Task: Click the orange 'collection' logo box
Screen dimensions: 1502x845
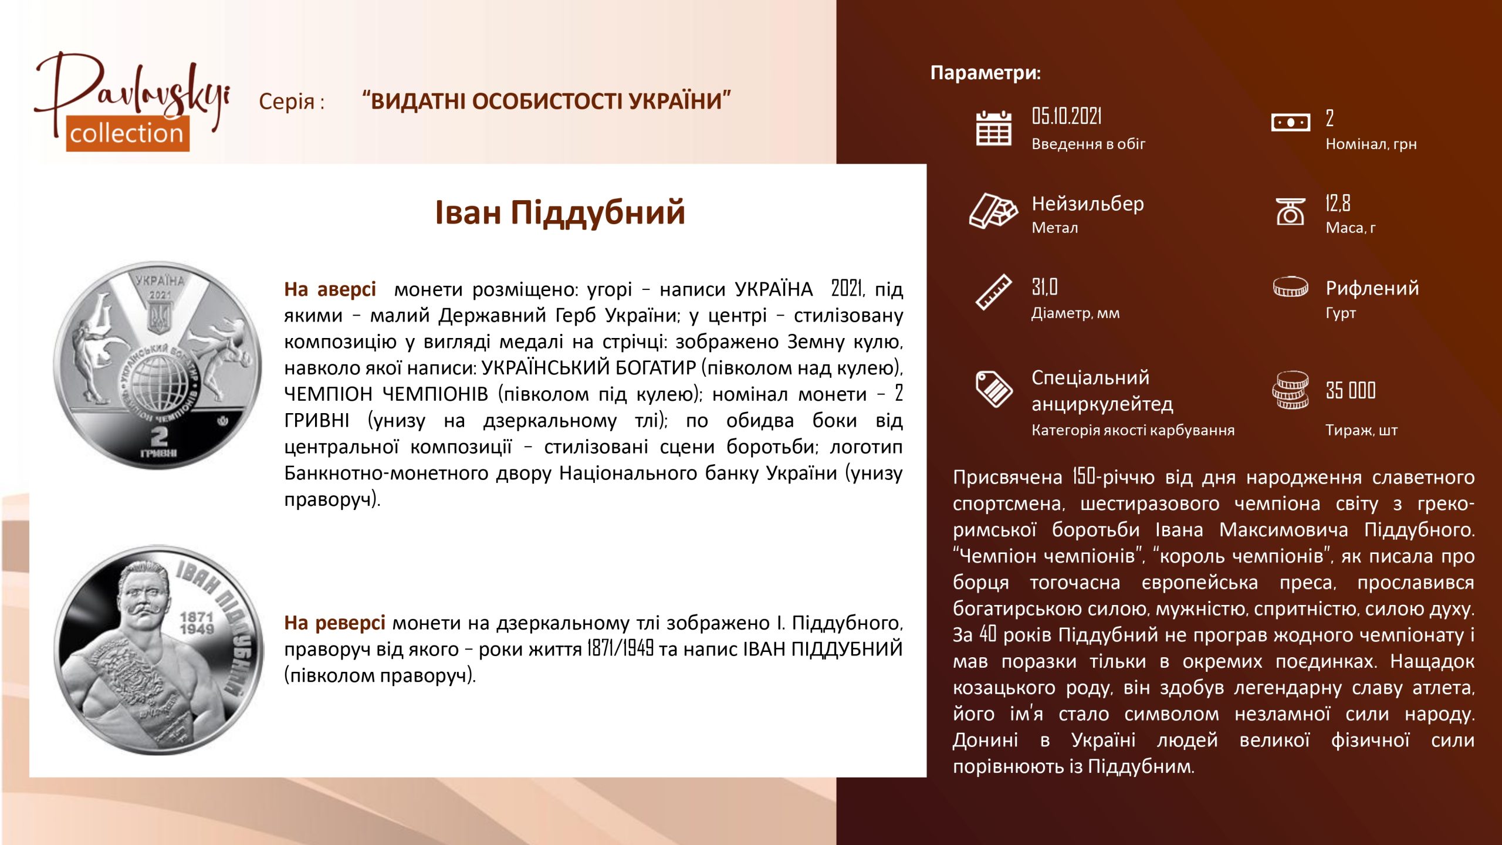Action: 127,134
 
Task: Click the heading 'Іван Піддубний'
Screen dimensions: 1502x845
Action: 560,212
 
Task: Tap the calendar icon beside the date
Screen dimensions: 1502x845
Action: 993,127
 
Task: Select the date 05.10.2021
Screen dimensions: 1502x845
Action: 1067,117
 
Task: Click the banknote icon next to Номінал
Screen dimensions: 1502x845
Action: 1290,123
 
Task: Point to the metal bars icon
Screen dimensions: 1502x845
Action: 993,210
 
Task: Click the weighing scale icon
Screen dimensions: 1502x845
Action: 1290,211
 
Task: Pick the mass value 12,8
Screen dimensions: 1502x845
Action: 1338,203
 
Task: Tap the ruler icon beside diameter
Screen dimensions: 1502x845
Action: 993,292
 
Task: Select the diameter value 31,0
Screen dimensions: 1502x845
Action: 1044,287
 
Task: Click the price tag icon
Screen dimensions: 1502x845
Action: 993,388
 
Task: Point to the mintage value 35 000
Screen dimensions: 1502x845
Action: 1351,390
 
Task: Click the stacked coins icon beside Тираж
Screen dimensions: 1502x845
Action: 1290,390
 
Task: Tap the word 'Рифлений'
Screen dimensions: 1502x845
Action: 1372,288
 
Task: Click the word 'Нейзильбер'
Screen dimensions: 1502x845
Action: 1088,204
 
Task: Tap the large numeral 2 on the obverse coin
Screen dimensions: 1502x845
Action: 159,436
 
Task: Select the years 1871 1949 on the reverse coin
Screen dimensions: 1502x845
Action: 197,623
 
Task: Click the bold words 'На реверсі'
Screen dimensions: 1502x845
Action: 334,623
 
